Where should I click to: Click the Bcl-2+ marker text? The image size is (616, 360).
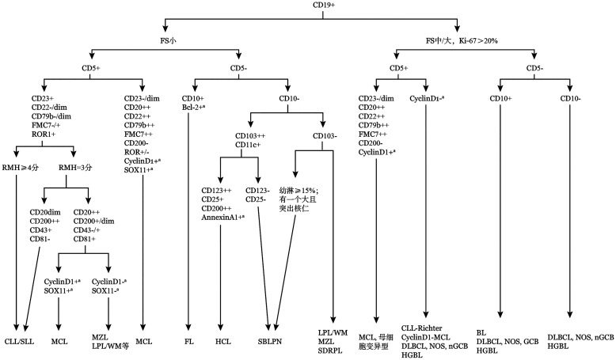(x=203, y=107)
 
